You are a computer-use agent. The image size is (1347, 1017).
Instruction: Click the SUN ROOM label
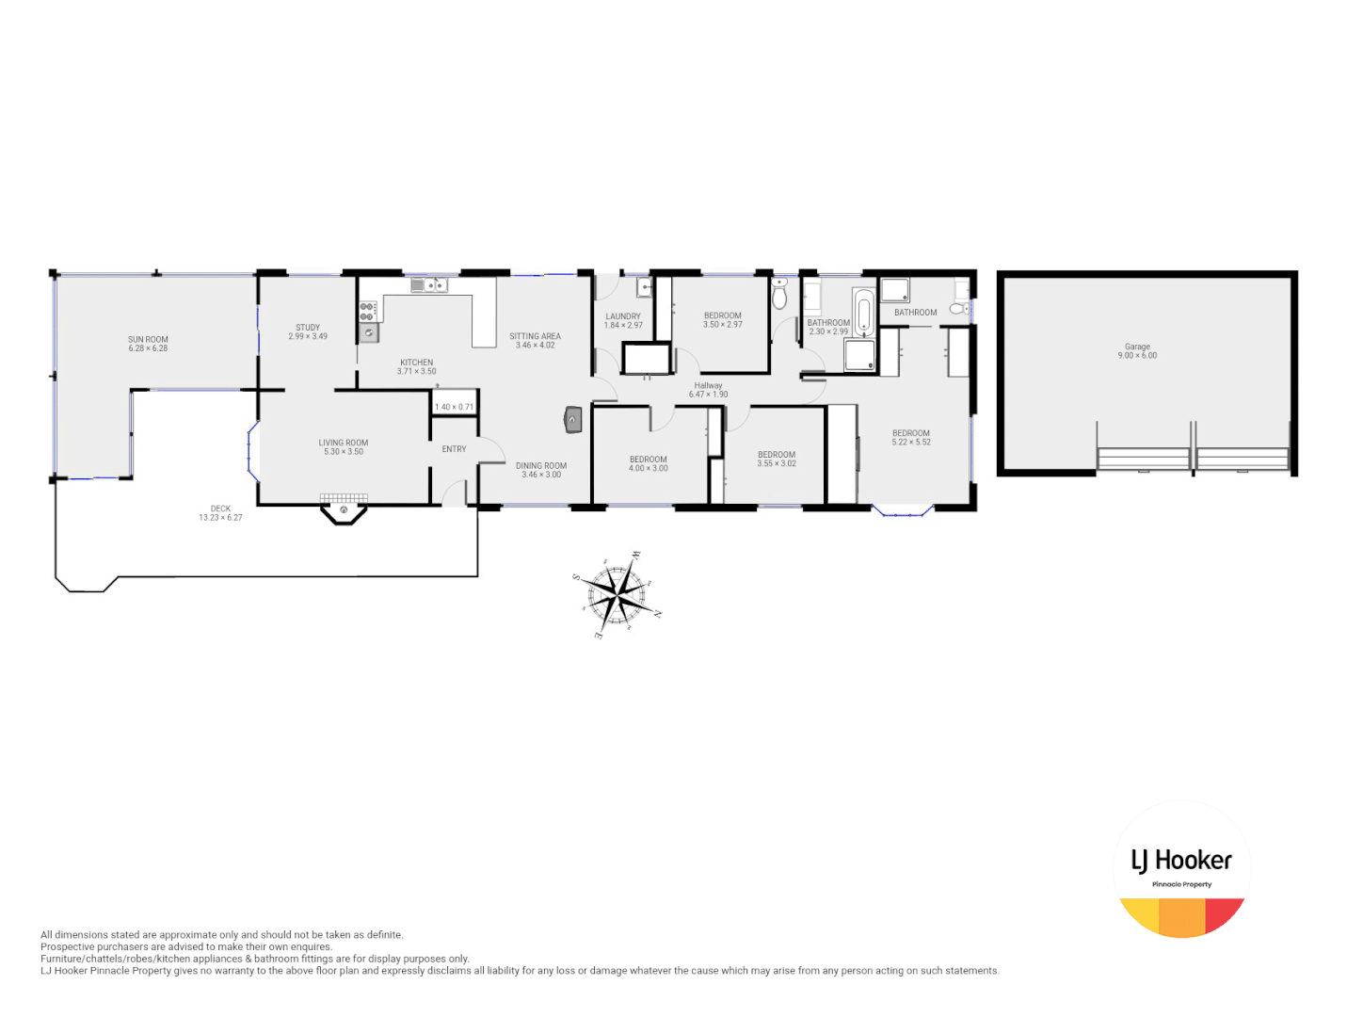pyautogui.click(x=148, y=339)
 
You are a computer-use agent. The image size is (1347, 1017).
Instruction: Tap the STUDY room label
pyautogui.click(x=308, y=328)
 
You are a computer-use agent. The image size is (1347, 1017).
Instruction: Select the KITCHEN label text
pyautogui.click(x=416, y=363)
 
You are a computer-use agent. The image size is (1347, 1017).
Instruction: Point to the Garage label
pyautogui.click(x=1137, y=347)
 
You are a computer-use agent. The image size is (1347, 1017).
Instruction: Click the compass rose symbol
pyautogui.click(x=615, y=595)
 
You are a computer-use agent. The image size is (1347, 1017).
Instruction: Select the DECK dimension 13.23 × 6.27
pyautogui.click(x=220, y=518)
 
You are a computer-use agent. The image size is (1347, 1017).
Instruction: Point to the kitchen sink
pyautogui.click(x=428, y=284)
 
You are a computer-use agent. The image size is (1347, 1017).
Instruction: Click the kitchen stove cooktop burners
pyautogui.click(x=367, y=311)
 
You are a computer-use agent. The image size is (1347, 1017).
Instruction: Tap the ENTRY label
pyautogui.click(x=454, y=449)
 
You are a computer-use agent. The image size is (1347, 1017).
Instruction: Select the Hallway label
pyautogui.click(x=708, y=385)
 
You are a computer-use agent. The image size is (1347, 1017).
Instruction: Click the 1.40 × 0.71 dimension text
pyautogui.click(x=454, y=407)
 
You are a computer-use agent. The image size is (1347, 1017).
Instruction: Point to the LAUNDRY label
pyautogui.click(x=622, y=316)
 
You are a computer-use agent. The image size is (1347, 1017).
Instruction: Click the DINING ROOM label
pyautogui.click(x=541, y=465)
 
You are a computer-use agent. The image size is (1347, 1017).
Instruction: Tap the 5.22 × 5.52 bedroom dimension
pyautogui.click(x=911, y=443)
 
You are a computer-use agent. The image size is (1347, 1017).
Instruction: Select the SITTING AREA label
pyautogui.click(x=535, y=336)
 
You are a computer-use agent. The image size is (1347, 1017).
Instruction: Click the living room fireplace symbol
pyautogui.click(x=344, y=510)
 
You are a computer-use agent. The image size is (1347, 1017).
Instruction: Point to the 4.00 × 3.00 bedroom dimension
pyautogui.click(x=648, y=469)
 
